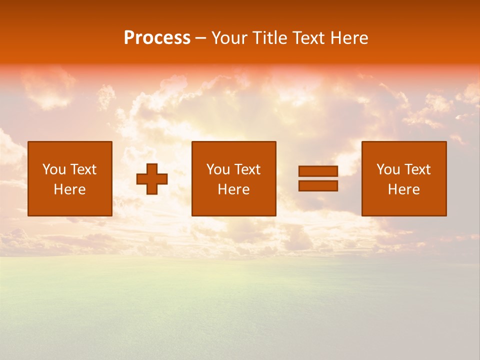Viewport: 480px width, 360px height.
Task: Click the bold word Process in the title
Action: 157,38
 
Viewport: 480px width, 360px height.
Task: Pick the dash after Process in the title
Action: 201,38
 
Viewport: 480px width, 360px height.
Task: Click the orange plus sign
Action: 152,178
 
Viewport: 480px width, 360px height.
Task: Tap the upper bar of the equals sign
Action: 318,171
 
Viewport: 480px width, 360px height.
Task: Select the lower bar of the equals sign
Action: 318,186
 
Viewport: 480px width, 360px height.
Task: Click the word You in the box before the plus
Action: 54,169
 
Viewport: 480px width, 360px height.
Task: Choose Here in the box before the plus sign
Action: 69,189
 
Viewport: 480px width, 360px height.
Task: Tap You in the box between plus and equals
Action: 218,169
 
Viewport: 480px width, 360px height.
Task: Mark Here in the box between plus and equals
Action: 233,189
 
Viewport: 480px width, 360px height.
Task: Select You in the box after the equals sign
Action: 388,169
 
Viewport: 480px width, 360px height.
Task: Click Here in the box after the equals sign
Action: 403,189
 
